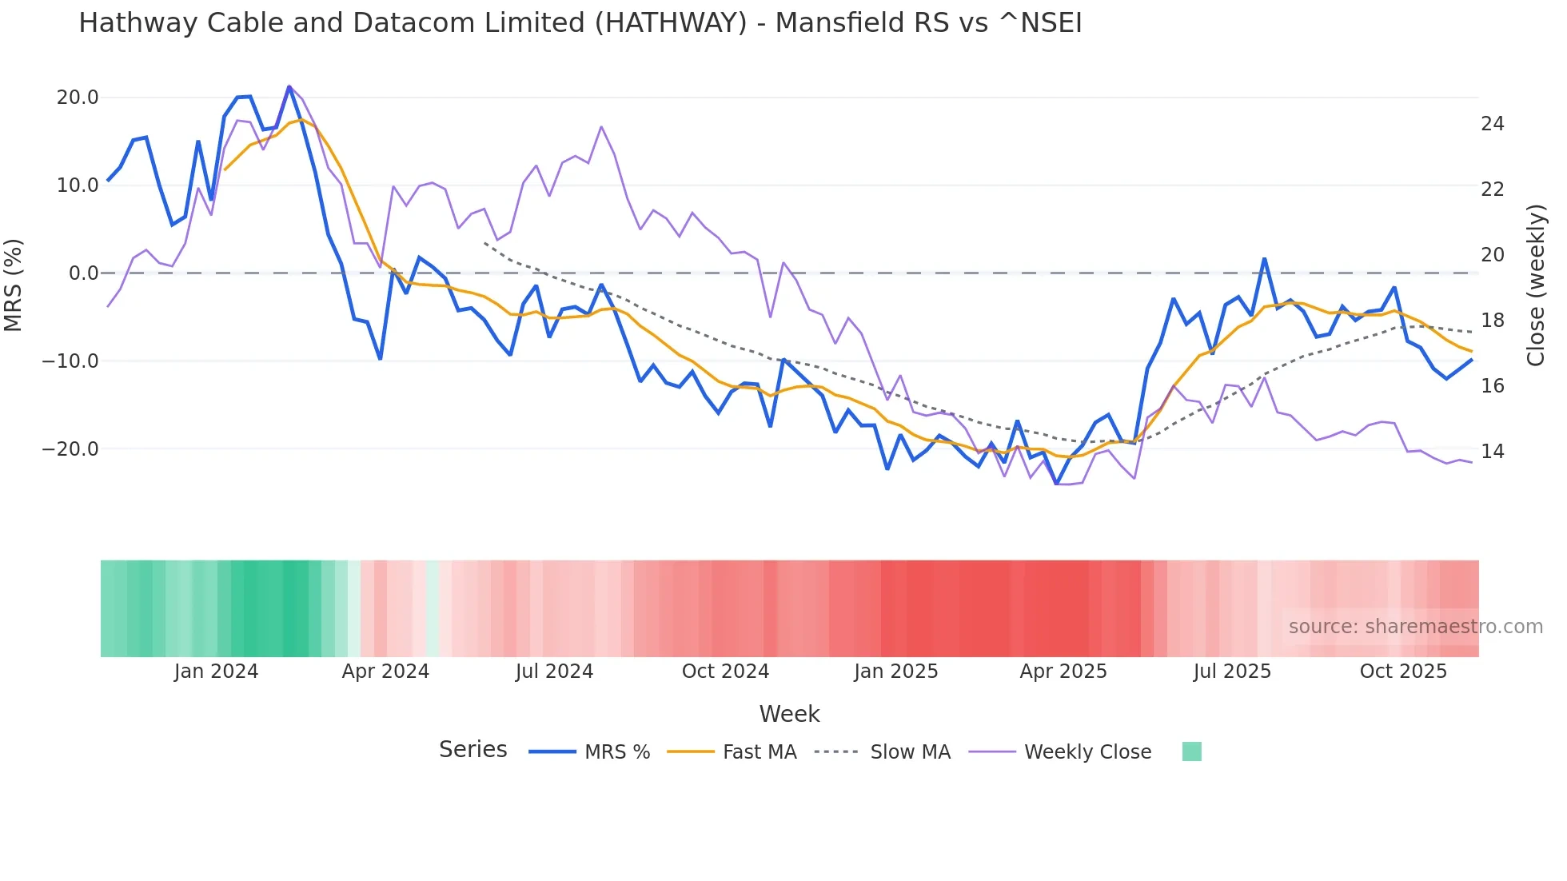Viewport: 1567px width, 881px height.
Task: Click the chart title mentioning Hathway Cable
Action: (580, 23)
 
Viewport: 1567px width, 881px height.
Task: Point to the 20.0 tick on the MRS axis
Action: (78, 98)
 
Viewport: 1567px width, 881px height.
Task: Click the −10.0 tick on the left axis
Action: (70, 361)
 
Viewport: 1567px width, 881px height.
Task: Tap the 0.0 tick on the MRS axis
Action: (84, 273)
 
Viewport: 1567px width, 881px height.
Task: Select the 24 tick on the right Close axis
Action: (1492, 124)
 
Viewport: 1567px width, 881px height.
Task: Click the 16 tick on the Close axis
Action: (1492, 386)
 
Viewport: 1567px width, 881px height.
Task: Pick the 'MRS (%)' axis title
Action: (14, 285)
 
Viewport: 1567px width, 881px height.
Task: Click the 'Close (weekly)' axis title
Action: (1535, 285)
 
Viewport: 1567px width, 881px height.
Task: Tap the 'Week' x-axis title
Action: (789, 714)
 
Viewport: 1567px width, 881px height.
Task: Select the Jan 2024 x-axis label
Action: (216, 672)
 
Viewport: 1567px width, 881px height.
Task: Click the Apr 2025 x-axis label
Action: (1063, 672)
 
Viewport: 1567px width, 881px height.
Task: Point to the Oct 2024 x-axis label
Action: (725, 672)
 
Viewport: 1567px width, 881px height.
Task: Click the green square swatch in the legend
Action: (1191, 751)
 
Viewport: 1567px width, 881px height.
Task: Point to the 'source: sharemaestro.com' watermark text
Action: (1415, 627)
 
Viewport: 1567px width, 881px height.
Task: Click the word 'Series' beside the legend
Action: (472, 750)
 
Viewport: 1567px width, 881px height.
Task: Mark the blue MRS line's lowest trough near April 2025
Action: (1056, 484)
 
